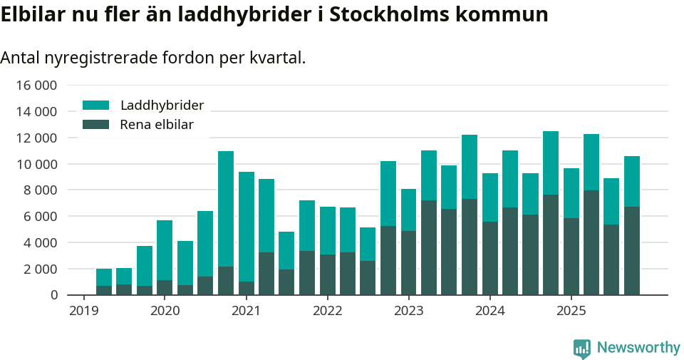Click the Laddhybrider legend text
pyautogui.click(x=162, y=106)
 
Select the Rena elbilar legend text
pyautogui.click(x=157, y=125)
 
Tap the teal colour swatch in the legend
pyautogui.click(x=96, y=106)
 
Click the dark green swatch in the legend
pyautogui.click(x=96, y=125)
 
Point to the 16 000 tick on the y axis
pyautogui.click(x=36, y=86)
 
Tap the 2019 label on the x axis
pyautogui.click(x=83, y=311)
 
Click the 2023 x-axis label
pyautogui.click(x=408, y=311)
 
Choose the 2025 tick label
pyautogui.click(x=571, y=311)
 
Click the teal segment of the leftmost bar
pyautogui.click(x=104, y=277)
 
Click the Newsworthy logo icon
pyautogui.click(x=582, y=348)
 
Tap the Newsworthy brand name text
pyautogui.click(x=638, y=348)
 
